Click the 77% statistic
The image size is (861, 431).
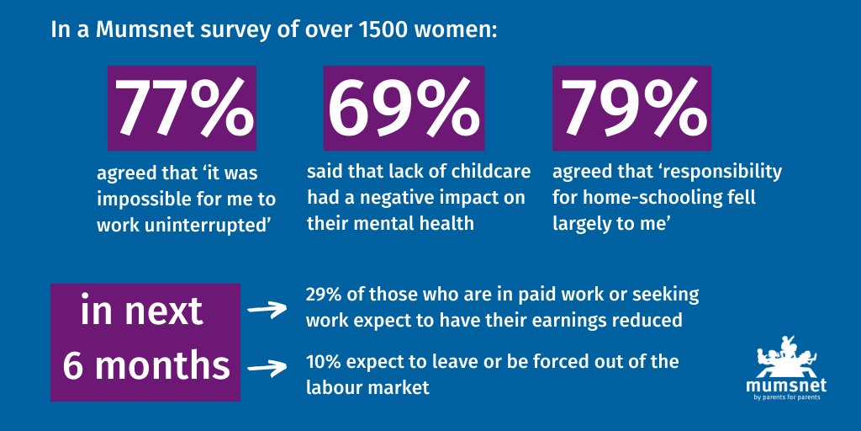click(x=182, y=108)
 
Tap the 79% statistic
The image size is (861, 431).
click(x=631, y=108)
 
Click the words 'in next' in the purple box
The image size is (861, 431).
click(x=141, y=311)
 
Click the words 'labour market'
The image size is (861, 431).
click(x=367, y=388)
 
